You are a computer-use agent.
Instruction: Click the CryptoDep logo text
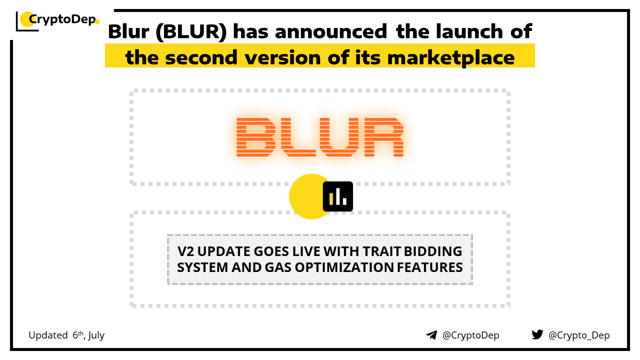[62, 19]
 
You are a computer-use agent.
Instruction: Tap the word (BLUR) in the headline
[191, 31]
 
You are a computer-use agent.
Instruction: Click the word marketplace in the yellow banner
[451, 58]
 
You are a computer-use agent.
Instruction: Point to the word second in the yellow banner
[201, 57]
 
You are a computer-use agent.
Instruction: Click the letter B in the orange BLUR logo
[256, 137]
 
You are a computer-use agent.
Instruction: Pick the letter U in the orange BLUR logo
[339, 137]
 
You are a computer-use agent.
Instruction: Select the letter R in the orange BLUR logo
[383, 137]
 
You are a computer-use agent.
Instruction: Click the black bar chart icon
[337, 196]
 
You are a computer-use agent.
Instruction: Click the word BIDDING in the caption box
[433, 251]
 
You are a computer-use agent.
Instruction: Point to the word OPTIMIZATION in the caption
[344, 267]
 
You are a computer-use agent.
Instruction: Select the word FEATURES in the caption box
[429, 267]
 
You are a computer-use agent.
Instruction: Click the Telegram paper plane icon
[431, 335]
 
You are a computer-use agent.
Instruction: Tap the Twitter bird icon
[537, 334]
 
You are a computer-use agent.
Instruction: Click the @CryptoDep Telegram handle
[470, 335]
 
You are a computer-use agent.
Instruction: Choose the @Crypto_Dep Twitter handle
[579, 335]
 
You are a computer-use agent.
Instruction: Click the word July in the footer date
[96, 335]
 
